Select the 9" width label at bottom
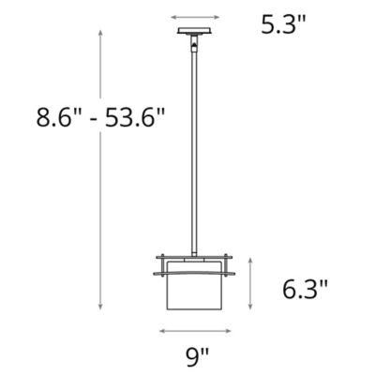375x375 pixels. click(x=198, y=356)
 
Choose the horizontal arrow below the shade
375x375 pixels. click(x=198, y=331)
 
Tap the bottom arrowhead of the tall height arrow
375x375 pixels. click(x=100, y=307)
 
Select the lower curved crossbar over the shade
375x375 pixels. click(x=198, y=271)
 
